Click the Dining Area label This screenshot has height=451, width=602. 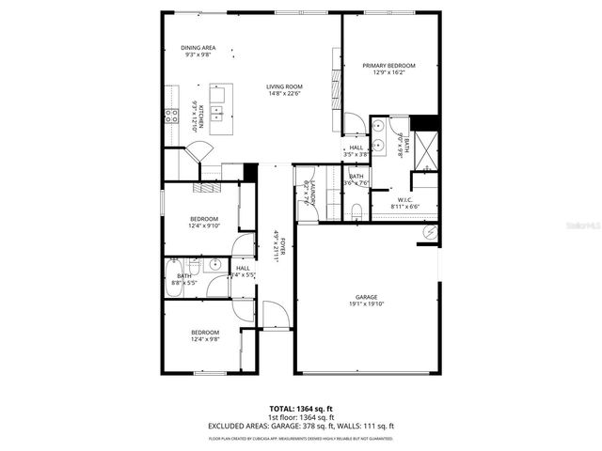point(198,48)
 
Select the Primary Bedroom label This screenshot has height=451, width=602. point(388,65)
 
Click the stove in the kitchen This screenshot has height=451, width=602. point(172,116)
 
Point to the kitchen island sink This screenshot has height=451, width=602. point(217,112)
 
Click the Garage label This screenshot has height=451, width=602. point(366,296)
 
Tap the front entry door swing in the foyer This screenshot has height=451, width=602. point(274,315)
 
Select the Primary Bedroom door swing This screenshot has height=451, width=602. point(354,124)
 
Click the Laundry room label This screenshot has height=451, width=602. point(307,193)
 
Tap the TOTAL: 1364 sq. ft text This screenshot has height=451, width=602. point(300,410)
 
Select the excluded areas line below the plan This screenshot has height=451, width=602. point(300,426)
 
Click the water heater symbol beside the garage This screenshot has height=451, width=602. point(430,232)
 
